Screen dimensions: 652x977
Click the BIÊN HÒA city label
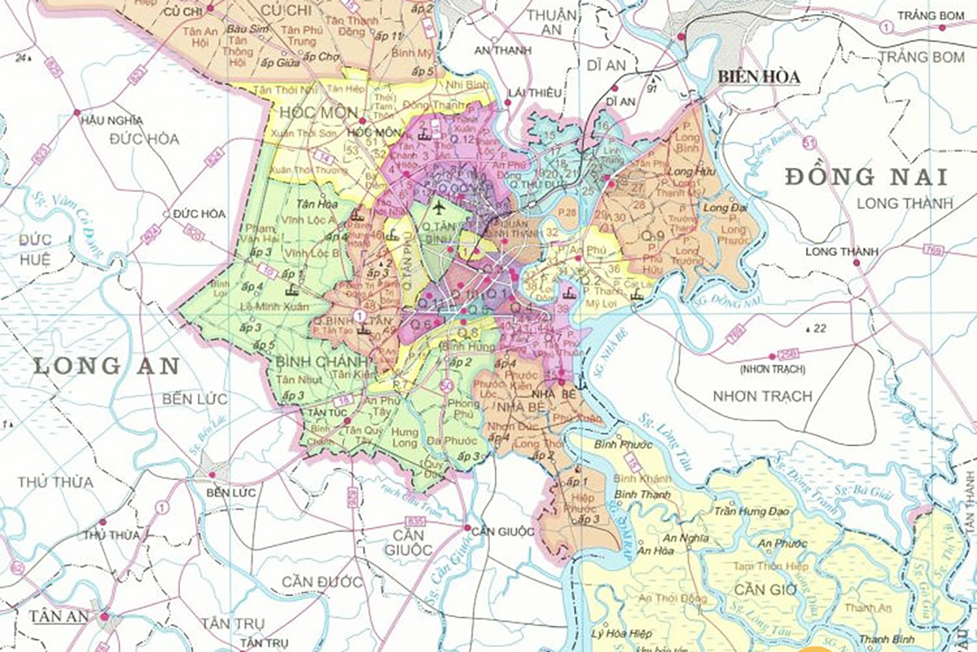(x=758, y=77)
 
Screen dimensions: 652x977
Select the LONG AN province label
(x=106, y=366)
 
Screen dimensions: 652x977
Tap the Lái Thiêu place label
(x=534, y=93)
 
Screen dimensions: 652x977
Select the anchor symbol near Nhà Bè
(x=580, y=380)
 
